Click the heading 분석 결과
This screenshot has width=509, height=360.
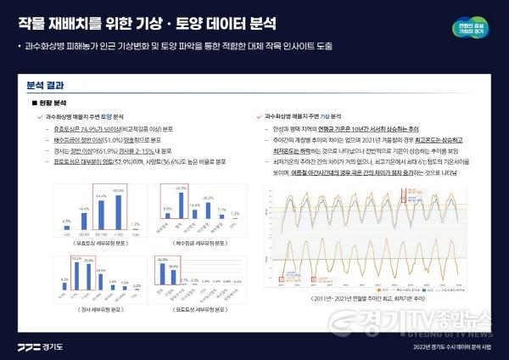click(45, 85)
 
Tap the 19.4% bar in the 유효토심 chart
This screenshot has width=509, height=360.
click(83, 216)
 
